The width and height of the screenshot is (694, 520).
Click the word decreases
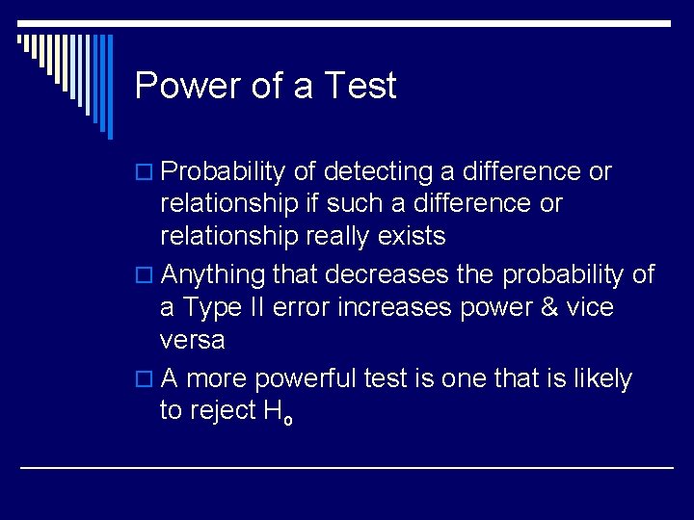[x=387, y=275]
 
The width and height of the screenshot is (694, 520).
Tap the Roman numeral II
[x=255, y=308]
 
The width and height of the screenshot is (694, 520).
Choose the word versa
[x=193, y=341]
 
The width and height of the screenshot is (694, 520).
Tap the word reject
[x=223, y=411]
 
